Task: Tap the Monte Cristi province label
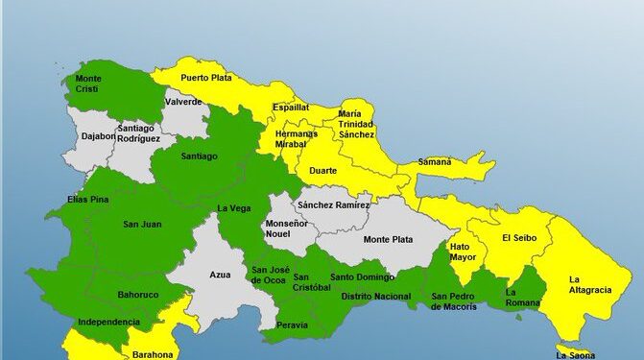(87, 84)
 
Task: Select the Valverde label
(182, 102)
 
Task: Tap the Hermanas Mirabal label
(296, 138)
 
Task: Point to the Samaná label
(433, 162)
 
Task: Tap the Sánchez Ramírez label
(333, 205)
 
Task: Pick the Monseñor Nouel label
(287, 228)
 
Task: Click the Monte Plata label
(387, 239)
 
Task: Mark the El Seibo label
(519, 237)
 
